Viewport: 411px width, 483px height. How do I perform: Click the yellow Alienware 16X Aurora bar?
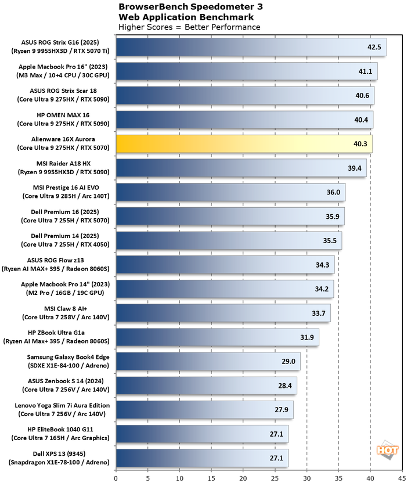tap(244, 143)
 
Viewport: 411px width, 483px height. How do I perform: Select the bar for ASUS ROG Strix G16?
tap(251, 47)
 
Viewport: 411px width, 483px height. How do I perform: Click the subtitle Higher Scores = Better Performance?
tap(189, 27)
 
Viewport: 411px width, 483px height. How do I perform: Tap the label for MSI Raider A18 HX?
tap(60, 168)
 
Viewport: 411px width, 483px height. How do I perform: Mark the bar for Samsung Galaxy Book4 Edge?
tap(208, 361)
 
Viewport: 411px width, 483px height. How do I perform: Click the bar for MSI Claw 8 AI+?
tap(223, 313)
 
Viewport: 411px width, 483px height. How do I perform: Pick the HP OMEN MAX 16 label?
tap(60, 120)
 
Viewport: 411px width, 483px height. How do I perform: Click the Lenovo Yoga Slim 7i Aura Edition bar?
tap(204, 409)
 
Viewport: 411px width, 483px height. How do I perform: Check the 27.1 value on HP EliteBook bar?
tap(277, 434)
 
